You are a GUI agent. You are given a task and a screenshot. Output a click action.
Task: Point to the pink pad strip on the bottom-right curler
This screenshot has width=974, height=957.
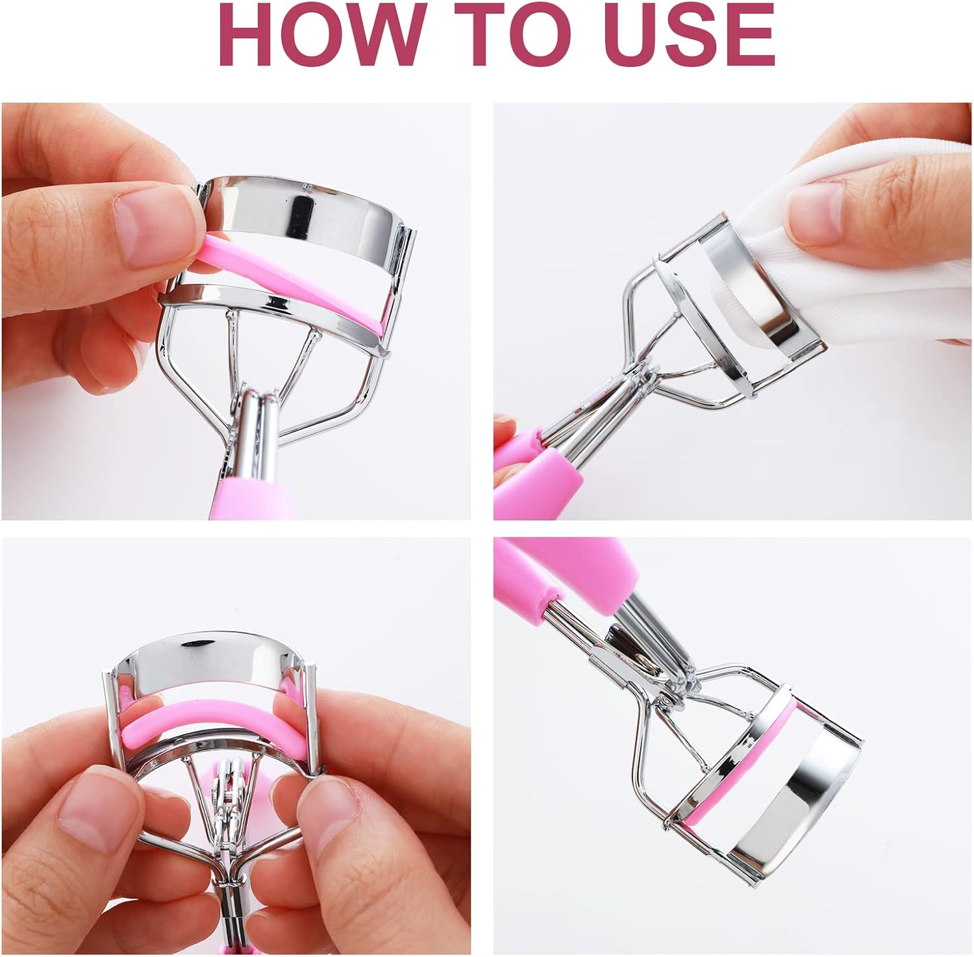click(747, 760)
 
